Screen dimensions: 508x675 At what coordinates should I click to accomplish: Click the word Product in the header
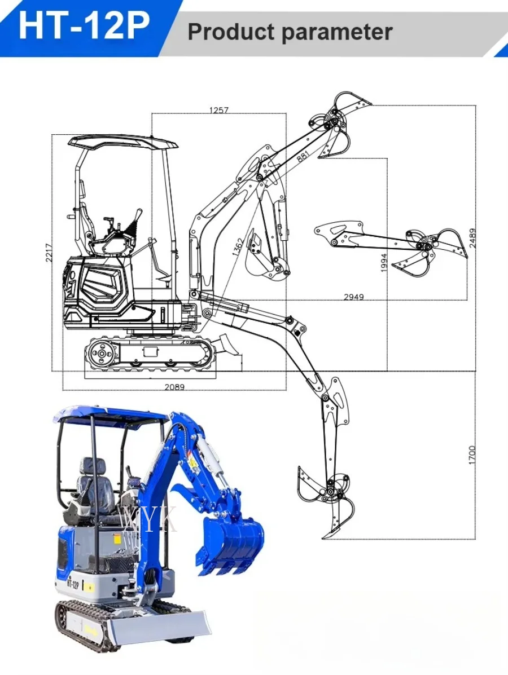[x=231, y=32]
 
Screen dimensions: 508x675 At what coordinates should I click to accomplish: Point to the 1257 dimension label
[x=219, y=110]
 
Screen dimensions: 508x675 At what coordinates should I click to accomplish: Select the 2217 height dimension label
[x=49, y=253]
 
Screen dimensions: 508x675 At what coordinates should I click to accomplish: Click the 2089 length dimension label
[x=174, y=387]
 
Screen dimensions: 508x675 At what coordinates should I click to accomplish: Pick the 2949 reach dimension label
[x=354, y=297]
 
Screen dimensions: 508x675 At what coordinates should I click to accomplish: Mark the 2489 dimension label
[x=472, y=237]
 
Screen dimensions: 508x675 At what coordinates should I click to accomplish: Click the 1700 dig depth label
[x=472, y=455]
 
